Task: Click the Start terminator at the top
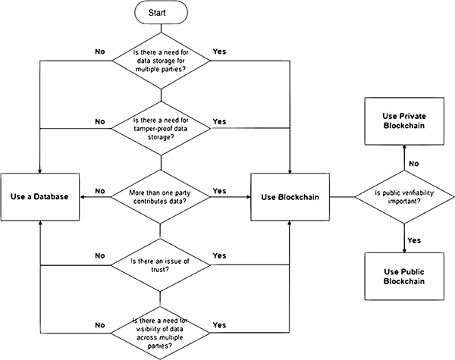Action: point(160,14)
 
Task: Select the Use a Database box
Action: point(39,197)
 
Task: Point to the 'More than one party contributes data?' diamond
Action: point(159,197)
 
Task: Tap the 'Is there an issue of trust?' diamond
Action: point(159,265)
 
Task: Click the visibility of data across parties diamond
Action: point(159,330)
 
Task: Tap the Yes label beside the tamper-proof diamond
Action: point(220,121)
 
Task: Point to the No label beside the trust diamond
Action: point(99,255)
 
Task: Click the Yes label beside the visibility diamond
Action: point(220,325)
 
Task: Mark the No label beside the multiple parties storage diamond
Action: point(99,53)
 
